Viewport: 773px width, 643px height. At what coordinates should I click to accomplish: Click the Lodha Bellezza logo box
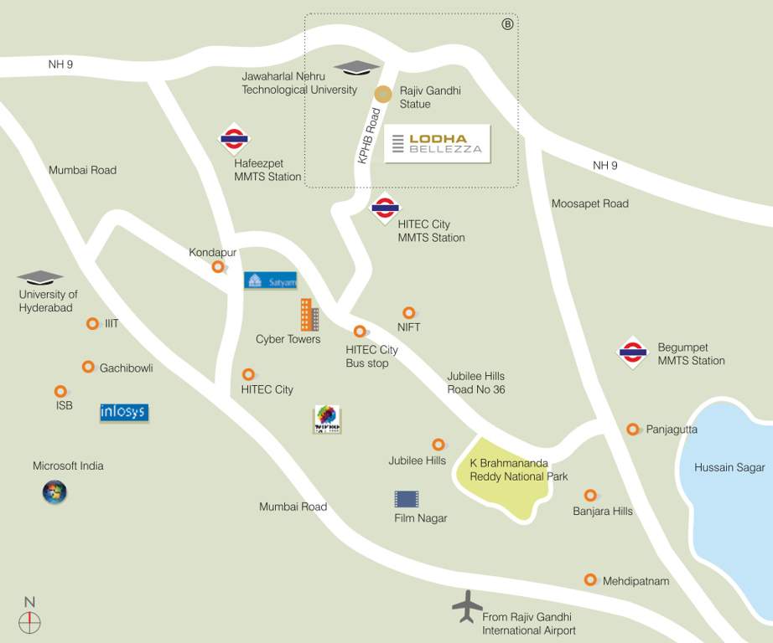(x=437, y=143)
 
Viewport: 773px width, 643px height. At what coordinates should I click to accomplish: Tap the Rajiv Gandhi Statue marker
(x=383, y=94)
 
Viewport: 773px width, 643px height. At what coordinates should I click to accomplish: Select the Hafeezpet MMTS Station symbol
(x=233, y=139)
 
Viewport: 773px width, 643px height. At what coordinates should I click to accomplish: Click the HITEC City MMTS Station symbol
(x=385, y=208)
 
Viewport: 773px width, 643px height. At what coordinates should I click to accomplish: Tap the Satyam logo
(x=270, y=280)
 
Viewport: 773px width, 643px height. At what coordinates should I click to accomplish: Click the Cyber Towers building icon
(x=309, y=315)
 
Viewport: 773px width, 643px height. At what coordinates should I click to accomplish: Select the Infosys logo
(x=124, y=412)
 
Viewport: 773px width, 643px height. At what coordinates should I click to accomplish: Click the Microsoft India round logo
(x=54, y=492)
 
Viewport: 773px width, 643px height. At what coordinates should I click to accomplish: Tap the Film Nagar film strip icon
(x=407, y=499)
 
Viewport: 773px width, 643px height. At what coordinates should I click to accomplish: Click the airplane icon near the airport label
(x=467, y=606)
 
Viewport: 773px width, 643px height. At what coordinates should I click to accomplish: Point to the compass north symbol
(x=30, y=621)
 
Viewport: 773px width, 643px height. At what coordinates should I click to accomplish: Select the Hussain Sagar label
(x=729, y=467)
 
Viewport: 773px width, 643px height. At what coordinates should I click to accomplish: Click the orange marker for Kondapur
(x=218, y=267)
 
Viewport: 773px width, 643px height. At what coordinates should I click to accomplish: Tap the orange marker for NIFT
(x=409, y=313)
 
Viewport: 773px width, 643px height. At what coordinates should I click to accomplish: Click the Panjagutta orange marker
(x=633, y=429)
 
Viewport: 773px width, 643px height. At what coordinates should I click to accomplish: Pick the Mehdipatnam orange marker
(x=590, y=579)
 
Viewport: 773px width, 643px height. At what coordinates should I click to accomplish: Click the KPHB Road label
(x=369, y=134)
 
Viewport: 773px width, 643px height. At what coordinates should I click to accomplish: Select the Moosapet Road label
(x=589, y=203)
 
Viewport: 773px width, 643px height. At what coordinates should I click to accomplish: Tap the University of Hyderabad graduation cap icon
(x=40, y=277)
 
